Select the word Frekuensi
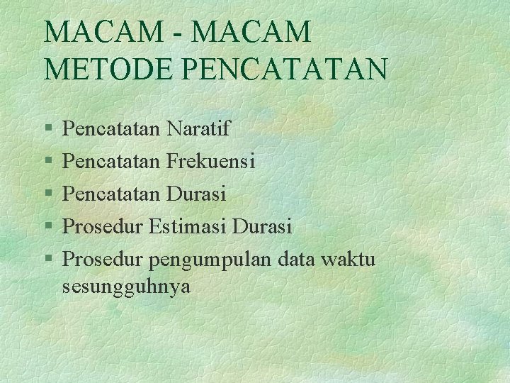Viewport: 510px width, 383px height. click(211, 161)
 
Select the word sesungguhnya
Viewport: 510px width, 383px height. click(127, 287)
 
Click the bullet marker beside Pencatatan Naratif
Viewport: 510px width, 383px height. click(47, 129)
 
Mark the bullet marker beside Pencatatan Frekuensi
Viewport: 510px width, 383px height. click(47, 162)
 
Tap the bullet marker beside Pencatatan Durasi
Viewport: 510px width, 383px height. click(47, 194)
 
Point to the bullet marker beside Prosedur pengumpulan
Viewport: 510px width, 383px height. click(47, 260)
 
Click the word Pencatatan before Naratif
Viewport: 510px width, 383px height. click(112, 128)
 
